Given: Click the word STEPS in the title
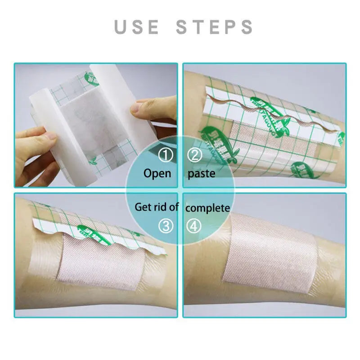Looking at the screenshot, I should click(215, 27).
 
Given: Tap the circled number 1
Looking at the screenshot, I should click(166, 156).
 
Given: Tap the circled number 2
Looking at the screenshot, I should click(195, 156).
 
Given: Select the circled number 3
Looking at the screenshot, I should click(166, 226).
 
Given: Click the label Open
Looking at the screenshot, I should click(157, 173).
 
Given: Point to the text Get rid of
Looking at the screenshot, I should click(157, 207).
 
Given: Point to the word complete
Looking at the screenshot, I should click(207, 208).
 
